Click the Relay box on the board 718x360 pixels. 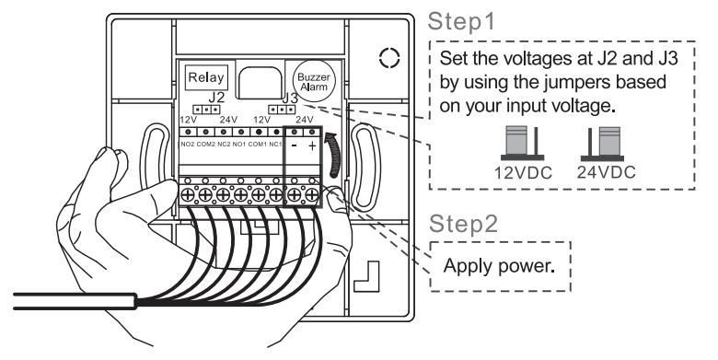206,77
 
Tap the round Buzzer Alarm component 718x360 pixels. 314,82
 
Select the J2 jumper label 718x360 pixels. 216,97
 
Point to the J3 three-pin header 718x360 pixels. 282,110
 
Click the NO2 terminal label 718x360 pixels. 188,145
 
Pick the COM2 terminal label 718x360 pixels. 205,145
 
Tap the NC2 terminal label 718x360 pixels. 224,145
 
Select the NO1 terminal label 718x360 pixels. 240,145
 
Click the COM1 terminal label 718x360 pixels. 259,145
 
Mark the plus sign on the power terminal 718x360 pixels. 312,146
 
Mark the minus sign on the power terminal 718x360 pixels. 295,146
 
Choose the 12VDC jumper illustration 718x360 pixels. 523,144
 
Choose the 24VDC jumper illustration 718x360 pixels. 603,144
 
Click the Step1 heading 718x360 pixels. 461,22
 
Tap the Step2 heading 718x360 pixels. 463,224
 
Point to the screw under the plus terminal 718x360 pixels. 312,195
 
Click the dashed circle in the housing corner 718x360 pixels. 389,59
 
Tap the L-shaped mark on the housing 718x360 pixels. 366,276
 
